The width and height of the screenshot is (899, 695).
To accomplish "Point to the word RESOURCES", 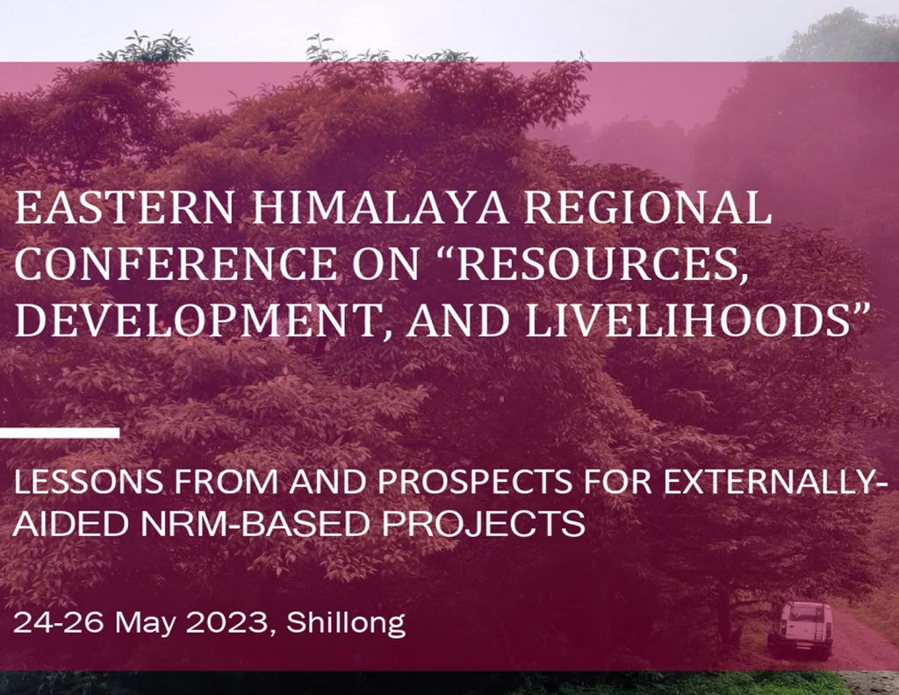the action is [x=596, y=263].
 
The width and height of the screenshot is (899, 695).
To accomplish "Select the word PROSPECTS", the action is [x=474, y=482].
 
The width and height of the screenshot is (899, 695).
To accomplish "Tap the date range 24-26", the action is [x=58, y=622].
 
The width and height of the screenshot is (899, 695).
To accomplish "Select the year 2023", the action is [x=227, y=622].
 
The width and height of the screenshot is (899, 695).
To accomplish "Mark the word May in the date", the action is [x=145, y=624].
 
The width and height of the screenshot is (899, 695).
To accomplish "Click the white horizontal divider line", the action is [x=60, y=433].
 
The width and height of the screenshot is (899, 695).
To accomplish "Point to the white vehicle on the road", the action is [x=801, y=630].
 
